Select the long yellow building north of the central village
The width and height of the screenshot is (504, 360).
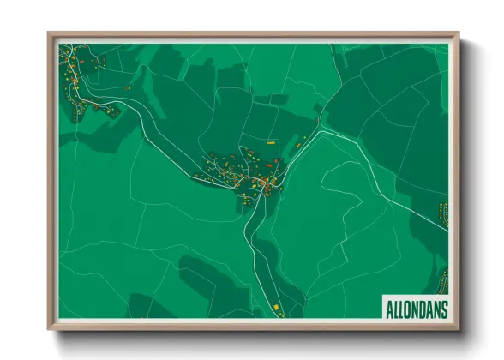(x=273, y=141)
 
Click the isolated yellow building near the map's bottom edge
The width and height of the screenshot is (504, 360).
(x=276, y=305)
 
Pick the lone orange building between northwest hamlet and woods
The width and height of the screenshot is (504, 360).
(x=129, y=87)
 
